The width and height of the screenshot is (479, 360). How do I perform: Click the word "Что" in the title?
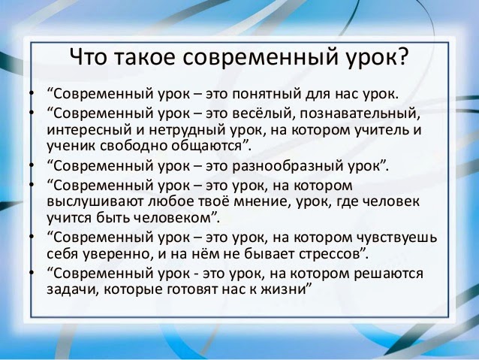(x=89, y=56)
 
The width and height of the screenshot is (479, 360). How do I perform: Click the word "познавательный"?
(x=359, y=113)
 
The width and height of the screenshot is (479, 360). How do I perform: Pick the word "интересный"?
(x=89, y=130)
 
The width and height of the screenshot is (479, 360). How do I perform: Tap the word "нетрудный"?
(x=188, y=131)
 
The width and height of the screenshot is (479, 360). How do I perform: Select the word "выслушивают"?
(x=95, y=202)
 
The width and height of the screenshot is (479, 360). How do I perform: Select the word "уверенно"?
(x=118, y=255)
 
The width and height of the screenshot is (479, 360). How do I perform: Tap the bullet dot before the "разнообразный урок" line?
(x=31, y=165)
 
